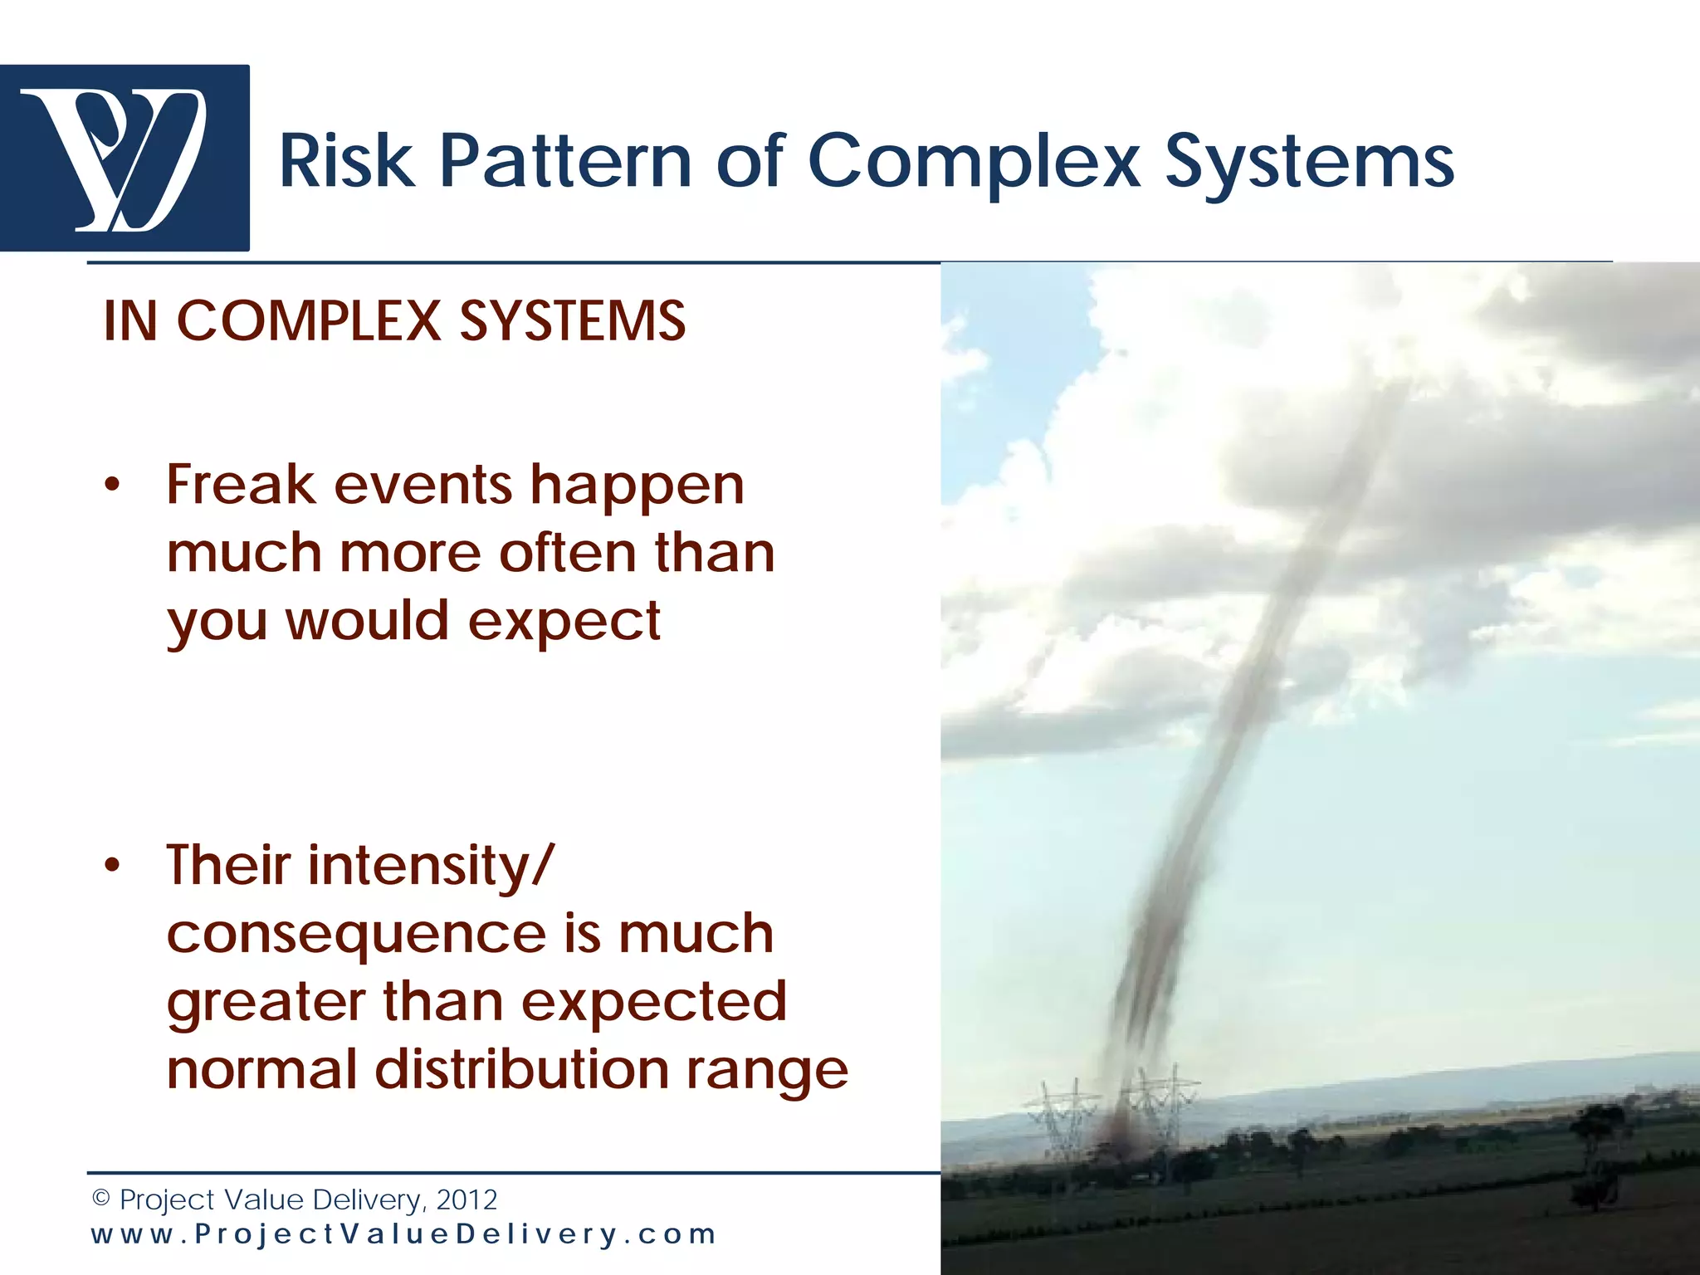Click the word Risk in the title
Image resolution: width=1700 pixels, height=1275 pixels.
pos(345,161)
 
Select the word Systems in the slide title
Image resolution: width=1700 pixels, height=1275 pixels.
pos(1309,161)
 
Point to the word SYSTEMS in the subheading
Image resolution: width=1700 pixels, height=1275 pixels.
pos(572,321)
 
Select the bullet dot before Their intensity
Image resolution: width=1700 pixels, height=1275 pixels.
pos(112,866)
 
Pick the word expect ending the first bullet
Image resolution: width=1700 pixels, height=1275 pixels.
pos(564,621)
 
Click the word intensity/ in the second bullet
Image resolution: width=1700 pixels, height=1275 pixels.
pos(429,866)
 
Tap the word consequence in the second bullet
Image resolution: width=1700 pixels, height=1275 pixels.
pos(356,935)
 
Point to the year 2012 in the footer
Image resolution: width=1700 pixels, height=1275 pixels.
pos(467,1199)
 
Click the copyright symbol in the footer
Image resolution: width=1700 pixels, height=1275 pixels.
pos(101,1199)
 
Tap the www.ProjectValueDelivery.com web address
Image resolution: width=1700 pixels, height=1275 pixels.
pos(403,1234)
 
